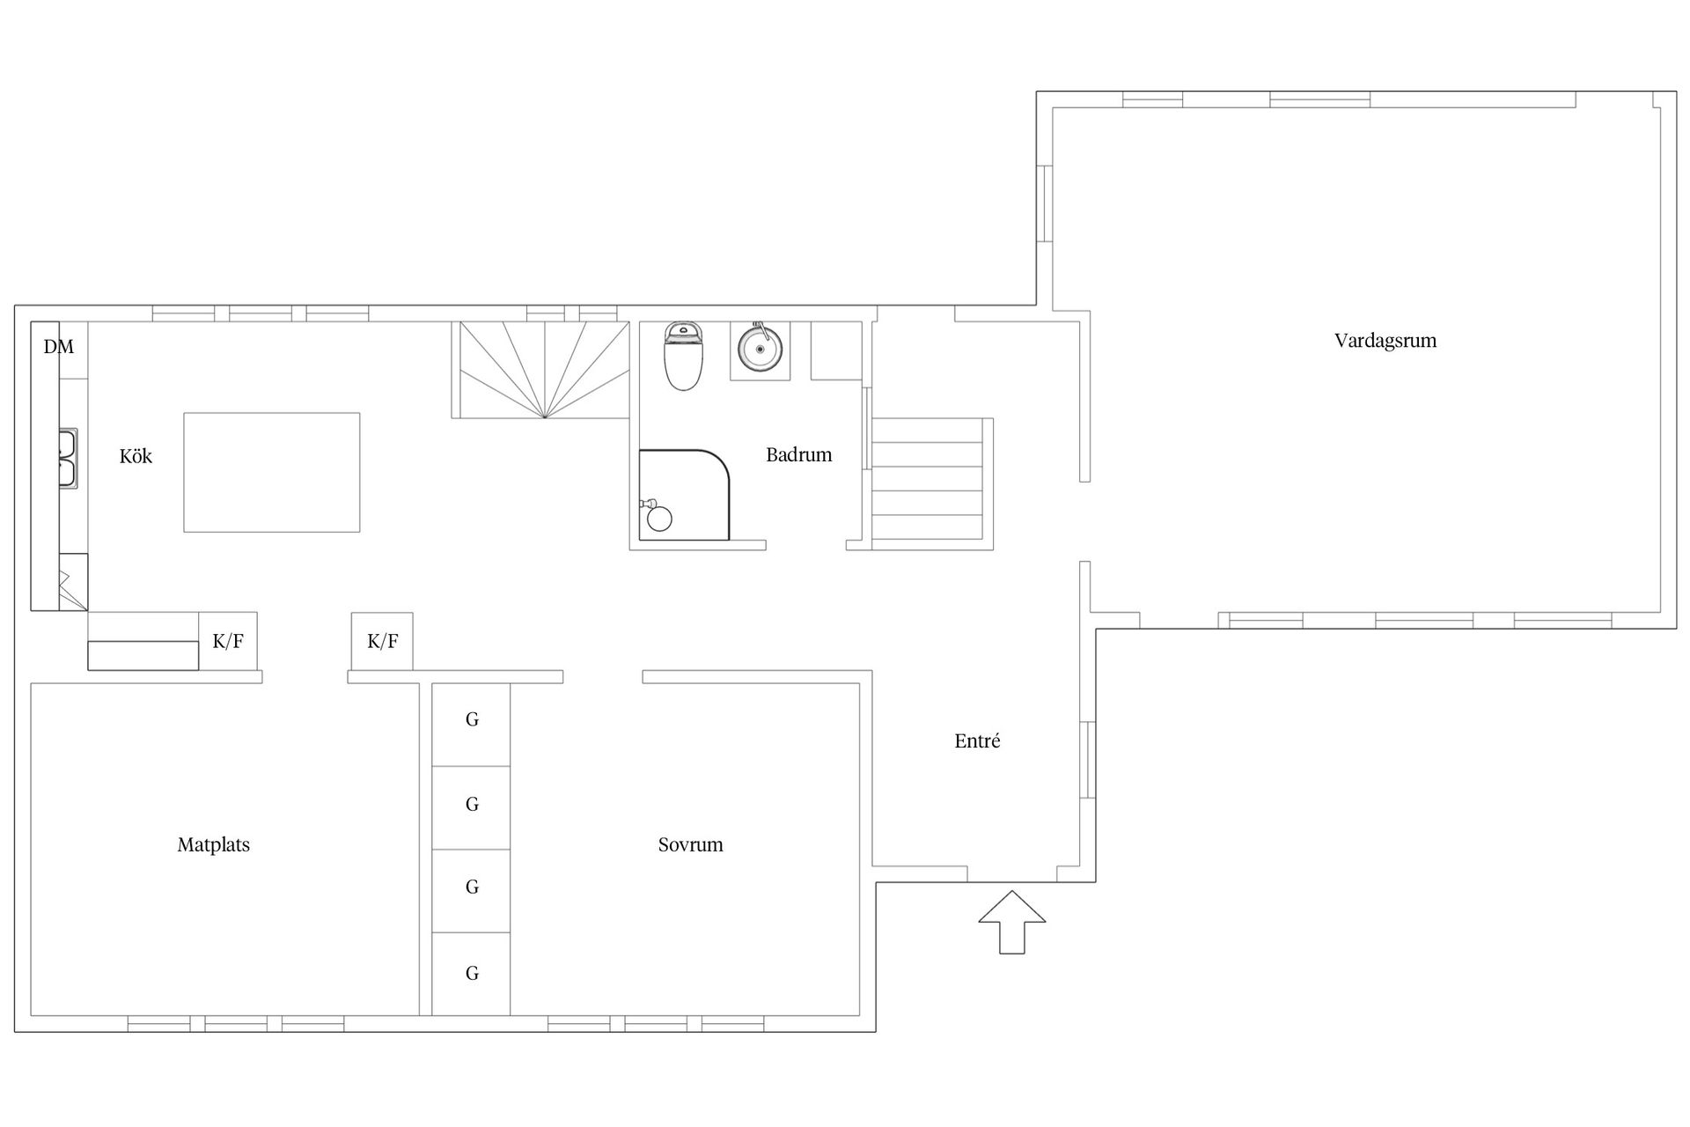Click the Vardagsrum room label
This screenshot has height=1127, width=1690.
pyautogui.click(x=1385, y=341)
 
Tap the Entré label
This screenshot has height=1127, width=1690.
pyautogui.click(x=977, y=740)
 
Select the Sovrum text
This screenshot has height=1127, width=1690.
pyautogui.click(x=691, y=844)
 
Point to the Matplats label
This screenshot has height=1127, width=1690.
pyautogui.click(x=214, y=845)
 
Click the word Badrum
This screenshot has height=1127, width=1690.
pyautogui.click(x=798, y=454)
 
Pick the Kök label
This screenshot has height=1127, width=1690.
pyautogui.click(x=136, y=455)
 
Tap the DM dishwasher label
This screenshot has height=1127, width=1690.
pyautogui.click(x=59, y=346)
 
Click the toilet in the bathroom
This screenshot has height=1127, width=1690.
pyautogui.click(x=683, y=356)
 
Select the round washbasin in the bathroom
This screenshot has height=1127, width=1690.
pyautogui.click(x=760, y=350)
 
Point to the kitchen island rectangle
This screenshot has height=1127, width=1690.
pyautogui.click(x=272, y=472)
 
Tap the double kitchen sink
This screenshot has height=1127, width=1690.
pyautogui.click(x=69, y=458)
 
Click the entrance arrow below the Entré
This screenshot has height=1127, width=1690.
pyautogui.click(x=1012, y=922)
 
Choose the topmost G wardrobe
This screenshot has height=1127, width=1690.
pyautogui.click(x=471, y=724)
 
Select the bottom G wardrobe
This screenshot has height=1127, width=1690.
pyautogui.click(x=471, y=973)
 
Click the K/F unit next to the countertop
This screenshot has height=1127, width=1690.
pyautogui.click(x=228, y=641)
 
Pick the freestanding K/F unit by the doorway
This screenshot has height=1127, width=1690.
pyautogui.click(x=382, y=641)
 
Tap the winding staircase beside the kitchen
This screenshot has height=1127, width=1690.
pyautogui.click(x=544, y=369)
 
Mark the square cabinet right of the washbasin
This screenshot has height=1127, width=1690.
pyautogui.click(x=836, y=350)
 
